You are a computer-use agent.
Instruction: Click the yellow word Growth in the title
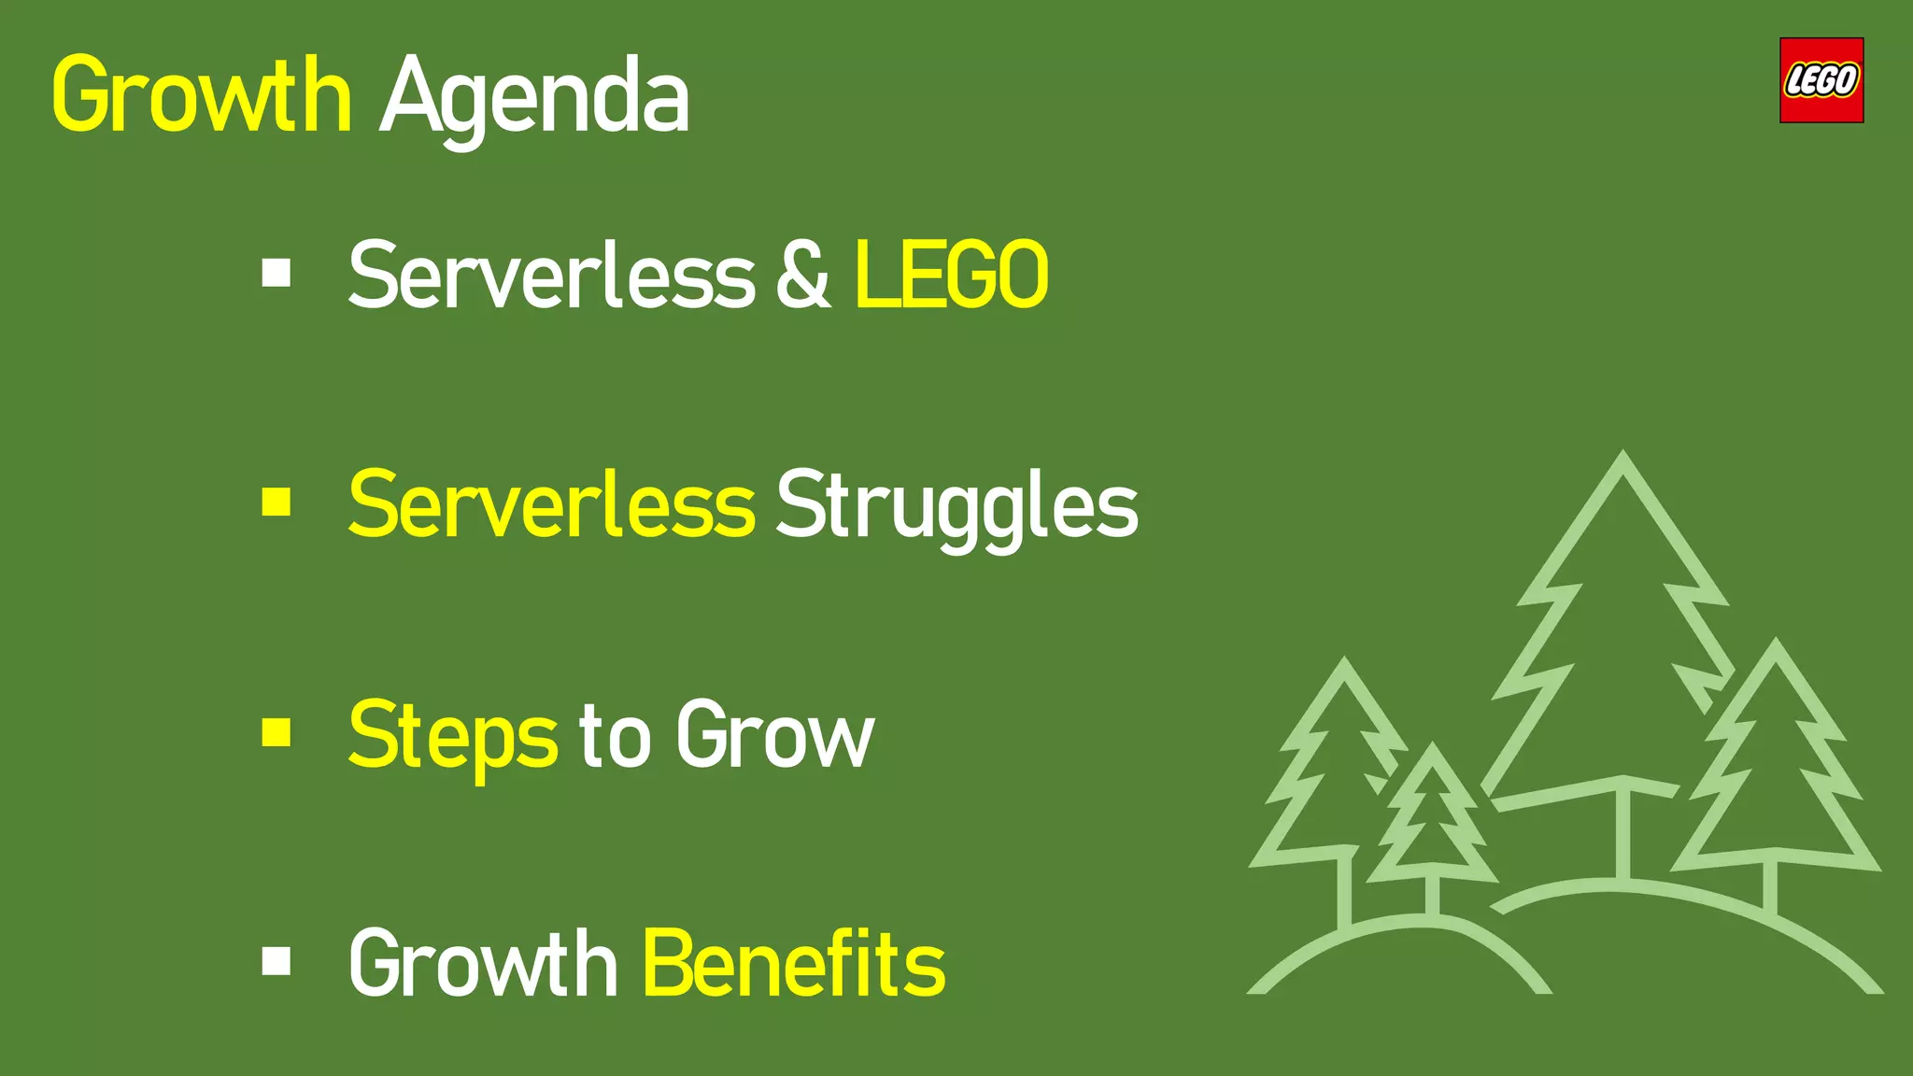pos(201,94)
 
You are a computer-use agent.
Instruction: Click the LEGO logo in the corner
pos(1821,80)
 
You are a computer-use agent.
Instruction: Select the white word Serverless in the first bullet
pos(551,275)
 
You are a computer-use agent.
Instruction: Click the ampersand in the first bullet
pos(802,275)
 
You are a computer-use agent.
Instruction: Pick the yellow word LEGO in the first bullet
pos(951,275)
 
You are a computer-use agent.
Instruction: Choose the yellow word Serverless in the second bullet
pos(551,504)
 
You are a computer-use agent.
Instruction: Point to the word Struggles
pos(956,506)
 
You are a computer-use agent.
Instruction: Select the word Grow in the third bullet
pos(774,736)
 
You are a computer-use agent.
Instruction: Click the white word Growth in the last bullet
pos(482,964)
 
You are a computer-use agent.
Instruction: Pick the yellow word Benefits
pos(794,964)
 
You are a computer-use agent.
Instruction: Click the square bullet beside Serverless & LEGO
pos(276,274)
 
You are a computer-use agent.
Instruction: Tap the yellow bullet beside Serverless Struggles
pos(276,503)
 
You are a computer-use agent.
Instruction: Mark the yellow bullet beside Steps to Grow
pos(276,732)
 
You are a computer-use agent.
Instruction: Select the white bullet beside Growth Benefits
pos(276,960)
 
